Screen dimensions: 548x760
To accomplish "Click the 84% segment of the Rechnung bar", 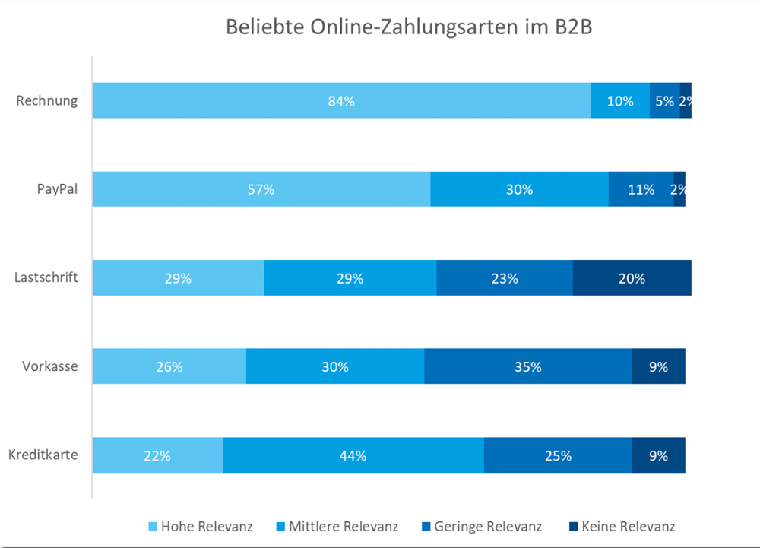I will click(x=341, y=100).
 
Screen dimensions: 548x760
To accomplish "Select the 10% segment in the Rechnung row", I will click(x=620, y=100).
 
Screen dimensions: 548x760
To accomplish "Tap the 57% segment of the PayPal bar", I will click(x=261, y=189).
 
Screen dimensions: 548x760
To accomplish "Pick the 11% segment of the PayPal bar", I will click(x=641, y=189).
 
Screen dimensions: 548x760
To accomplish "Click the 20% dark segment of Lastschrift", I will click(x=632, y=278).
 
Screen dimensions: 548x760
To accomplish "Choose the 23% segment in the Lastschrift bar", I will click(x=504, y=278).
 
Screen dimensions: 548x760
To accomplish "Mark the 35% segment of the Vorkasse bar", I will click(x=527, y=367).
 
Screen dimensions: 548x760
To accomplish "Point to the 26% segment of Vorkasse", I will click(x=169, y=367).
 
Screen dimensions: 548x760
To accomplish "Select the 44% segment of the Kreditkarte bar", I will click(x=353, y=456).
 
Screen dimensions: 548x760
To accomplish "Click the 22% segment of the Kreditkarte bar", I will click(x=157, y=456).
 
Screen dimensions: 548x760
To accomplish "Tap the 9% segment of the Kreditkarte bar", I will click(x=658, y=456).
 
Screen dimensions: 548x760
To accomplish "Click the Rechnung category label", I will click(x=47, y=100).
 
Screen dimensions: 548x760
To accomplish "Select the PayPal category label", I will click(x=57, y=189).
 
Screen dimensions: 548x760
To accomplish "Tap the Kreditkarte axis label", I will click(x=43, y=456).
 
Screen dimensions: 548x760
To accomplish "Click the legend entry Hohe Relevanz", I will click(x=199, y=526).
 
